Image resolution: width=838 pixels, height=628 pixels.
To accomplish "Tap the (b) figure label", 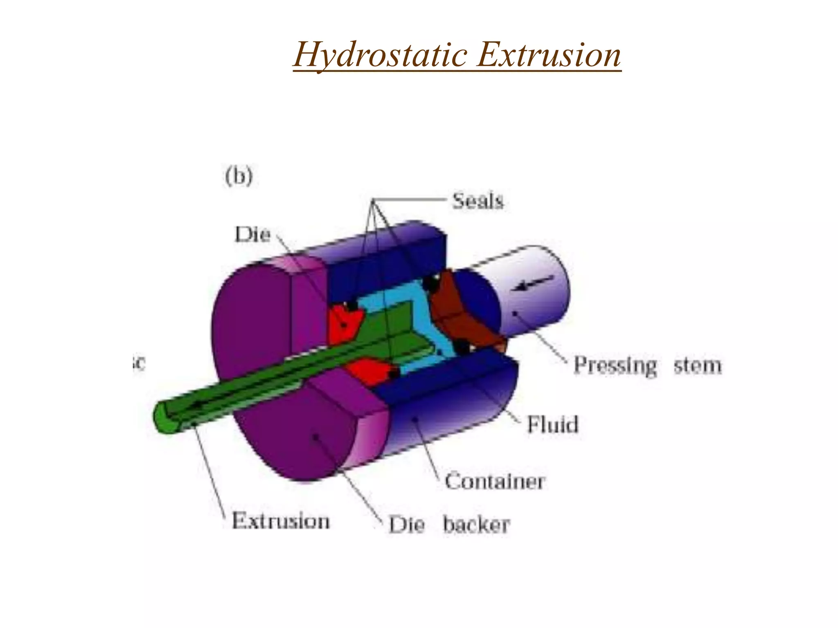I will (239, 176).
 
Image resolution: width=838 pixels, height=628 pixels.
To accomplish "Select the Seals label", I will (478, 201).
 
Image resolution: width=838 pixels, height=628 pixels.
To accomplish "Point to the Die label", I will (252, 235).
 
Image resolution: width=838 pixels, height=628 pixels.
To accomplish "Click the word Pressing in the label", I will (615, 365).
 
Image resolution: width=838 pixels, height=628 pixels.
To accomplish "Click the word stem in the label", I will (698, 365).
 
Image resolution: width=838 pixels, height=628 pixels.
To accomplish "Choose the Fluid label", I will (552, 424).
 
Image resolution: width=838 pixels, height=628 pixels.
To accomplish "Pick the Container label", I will (495, 481).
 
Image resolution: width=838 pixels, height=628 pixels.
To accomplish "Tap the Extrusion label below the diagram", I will (281, 521).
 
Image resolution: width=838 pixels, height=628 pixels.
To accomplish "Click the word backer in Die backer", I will (476, 525).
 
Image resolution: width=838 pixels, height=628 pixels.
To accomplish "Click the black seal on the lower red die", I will (394, 373).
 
